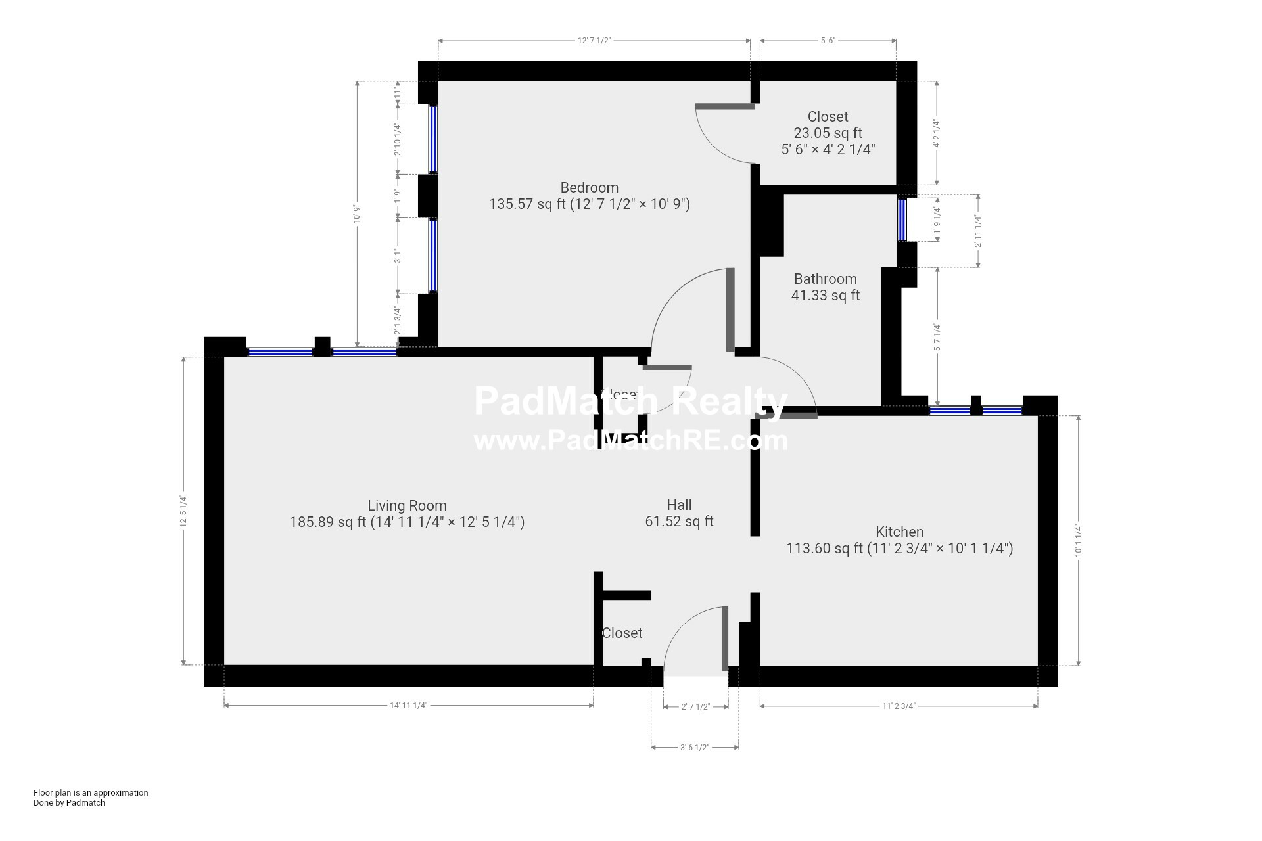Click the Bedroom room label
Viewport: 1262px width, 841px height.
[x=589, y=187]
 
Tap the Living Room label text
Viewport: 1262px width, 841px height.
[x=407, y=505]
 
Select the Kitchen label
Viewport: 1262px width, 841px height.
[x=899, y=532]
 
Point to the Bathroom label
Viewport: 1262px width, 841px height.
[x=825, y=279]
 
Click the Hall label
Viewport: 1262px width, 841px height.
[x=679, y=505]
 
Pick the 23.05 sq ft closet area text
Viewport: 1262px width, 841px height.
[x=828, y=133]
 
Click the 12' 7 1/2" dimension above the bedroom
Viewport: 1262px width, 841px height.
[x=594, y=41]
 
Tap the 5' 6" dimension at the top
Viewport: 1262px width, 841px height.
[x=828, y=41]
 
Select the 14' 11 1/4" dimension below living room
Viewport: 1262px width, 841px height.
[x=408, y=706]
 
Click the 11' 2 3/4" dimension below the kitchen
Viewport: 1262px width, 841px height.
[x=899, y=706]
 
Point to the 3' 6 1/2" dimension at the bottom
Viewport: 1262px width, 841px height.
[x=694, y=747]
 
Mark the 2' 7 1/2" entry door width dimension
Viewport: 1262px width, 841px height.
[x=695, y=707]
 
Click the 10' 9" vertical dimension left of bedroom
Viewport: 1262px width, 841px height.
[x=357, y=214]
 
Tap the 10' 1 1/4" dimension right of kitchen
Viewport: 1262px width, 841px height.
[x=1079, y=541]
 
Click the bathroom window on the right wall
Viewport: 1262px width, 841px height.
[x=902, y=219]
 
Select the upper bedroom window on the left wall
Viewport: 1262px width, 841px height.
[x=433, y=139]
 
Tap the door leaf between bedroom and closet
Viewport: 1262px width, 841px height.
[x=724, y=106]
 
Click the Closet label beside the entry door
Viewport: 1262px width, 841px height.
[x=622, y=633]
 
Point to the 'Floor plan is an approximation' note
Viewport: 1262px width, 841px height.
[x=91, y=792]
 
